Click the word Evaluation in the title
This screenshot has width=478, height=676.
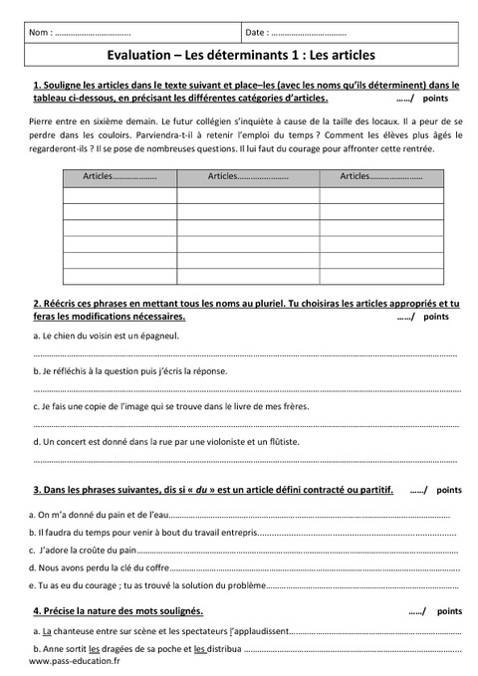pyautogui.click(x=138, y=57)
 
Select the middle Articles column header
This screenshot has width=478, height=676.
pyautogui.click(x=248, y=176)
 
